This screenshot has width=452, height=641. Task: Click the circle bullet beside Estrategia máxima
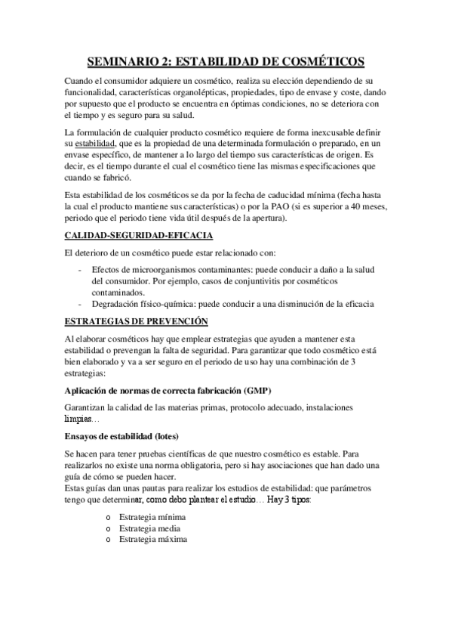[x=110, y=540]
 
